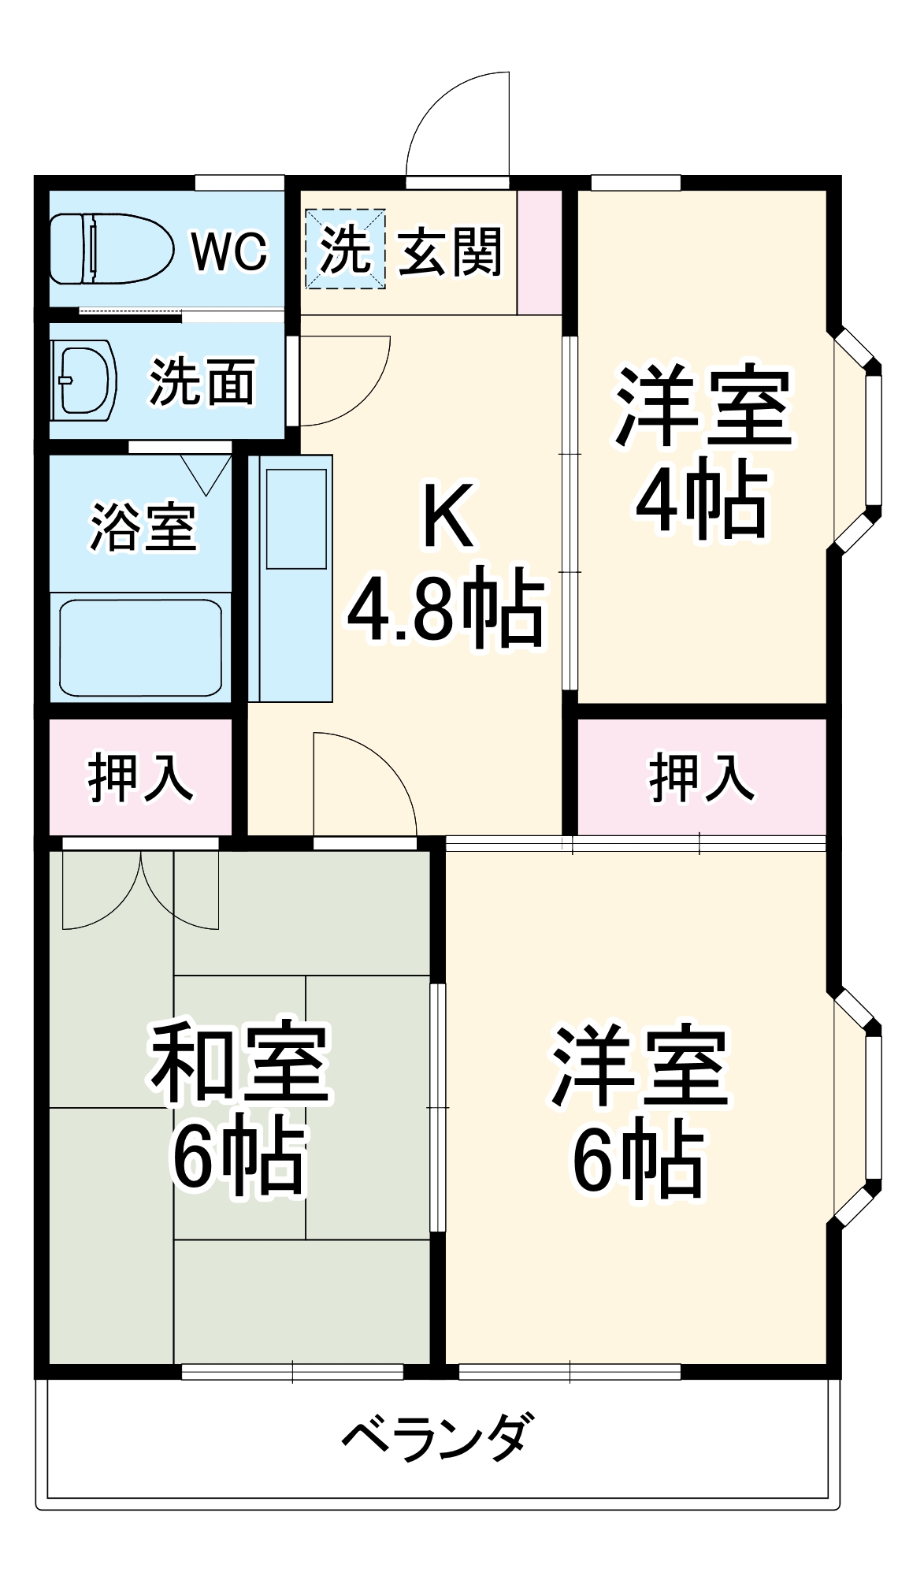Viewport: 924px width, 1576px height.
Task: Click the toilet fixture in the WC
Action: tap(110, 248)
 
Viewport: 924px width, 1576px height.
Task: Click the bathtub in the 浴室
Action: tap(140, 648)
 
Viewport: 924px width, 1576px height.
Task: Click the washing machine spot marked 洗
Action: tap(345, 249)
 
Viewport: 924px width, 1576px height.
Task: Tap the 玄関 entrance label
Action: tap(450, 252)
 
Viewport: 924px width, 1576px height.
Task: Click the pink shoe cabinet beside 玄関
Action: tap(540, 252)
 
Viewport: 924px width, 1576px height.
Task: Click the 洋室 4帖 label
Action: tap(701, 453)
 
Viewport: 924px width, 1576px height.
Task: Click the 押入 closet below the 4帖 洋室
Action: tap(701, 776)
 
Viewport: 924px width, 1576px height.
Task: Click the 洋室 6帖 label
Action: tap(638, 1111)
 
